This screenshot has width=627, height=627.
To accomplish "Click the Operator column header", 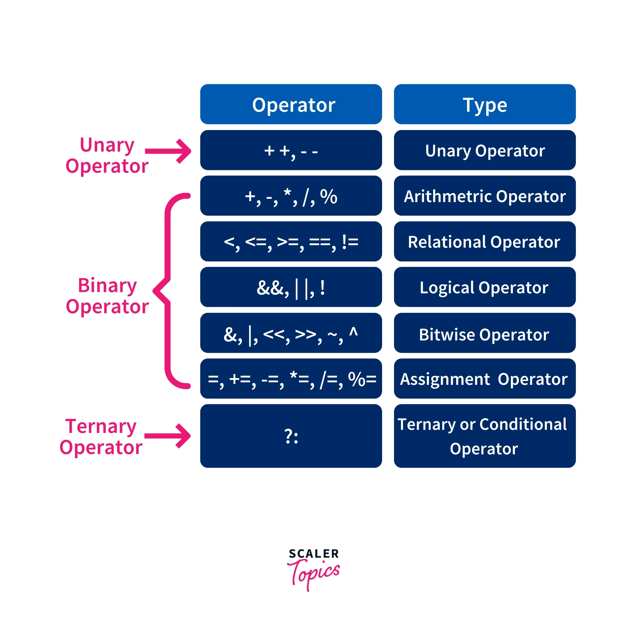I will click(x=291, y=104).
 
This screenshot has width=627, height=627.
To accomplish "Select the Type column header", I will click(x=485, y=104).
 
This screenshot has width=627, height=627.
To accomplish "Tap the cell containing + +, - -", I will click(x=291, y=150).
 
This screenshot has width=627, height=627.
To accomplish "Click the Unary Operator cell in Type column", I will click(x=485, y=150).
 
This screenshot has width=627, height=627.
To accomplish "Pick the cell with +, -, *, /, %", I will click(x=291, y=196).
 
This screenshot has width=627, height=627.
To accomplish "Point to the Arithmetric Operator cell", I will click(x=485, y=196).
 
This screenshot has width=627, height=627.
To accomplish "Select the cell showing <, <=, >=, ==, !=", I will click(x=291, y=242).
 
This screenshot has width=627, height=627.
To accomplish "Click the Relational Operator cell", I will click(x=485, y=242).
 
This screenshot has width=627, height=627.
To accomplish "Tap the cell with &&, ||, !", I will click(x=291, y=287).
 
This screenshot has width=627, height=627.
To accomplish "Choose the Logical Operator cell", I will click(x=485, y=287).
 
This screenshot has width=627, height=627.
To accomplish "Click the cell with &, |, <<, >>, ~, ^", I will click(x=291, y=333).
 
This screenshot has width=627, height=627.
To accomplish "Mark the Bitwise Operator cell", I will click(x=485, y=333).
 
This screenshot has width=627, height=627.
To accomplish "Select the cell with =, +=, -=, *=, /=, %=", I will click(x=291, y=378).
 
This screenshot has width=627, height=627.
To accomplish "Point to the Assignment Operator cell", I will click(x=485, y=378).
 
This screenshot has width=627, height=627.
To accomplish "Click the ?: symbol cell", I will click(x=291, y=436).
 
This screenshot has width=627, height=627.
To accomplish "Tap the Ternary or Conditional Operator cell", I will click(x=485, y=436).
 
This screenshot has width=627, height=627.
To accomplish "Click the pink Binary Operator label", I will click(x=107, y=296).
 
